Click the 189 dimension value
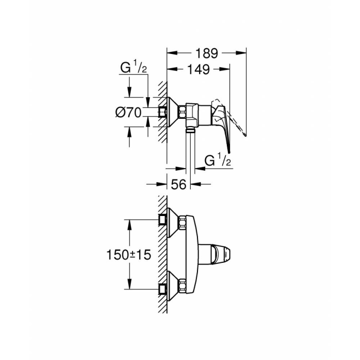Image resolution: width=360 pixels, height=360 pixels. point(207,53)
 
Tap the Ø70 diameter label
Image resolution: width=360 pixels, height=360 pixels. point(127,113)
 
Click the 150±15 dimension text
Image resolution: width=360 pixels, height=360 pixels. point(129,254)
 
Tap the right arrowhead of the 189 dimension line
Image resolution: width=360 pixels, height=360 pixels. point(243,53)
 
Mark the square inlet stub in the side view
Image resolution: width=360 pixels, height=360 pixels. point(163,112)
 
